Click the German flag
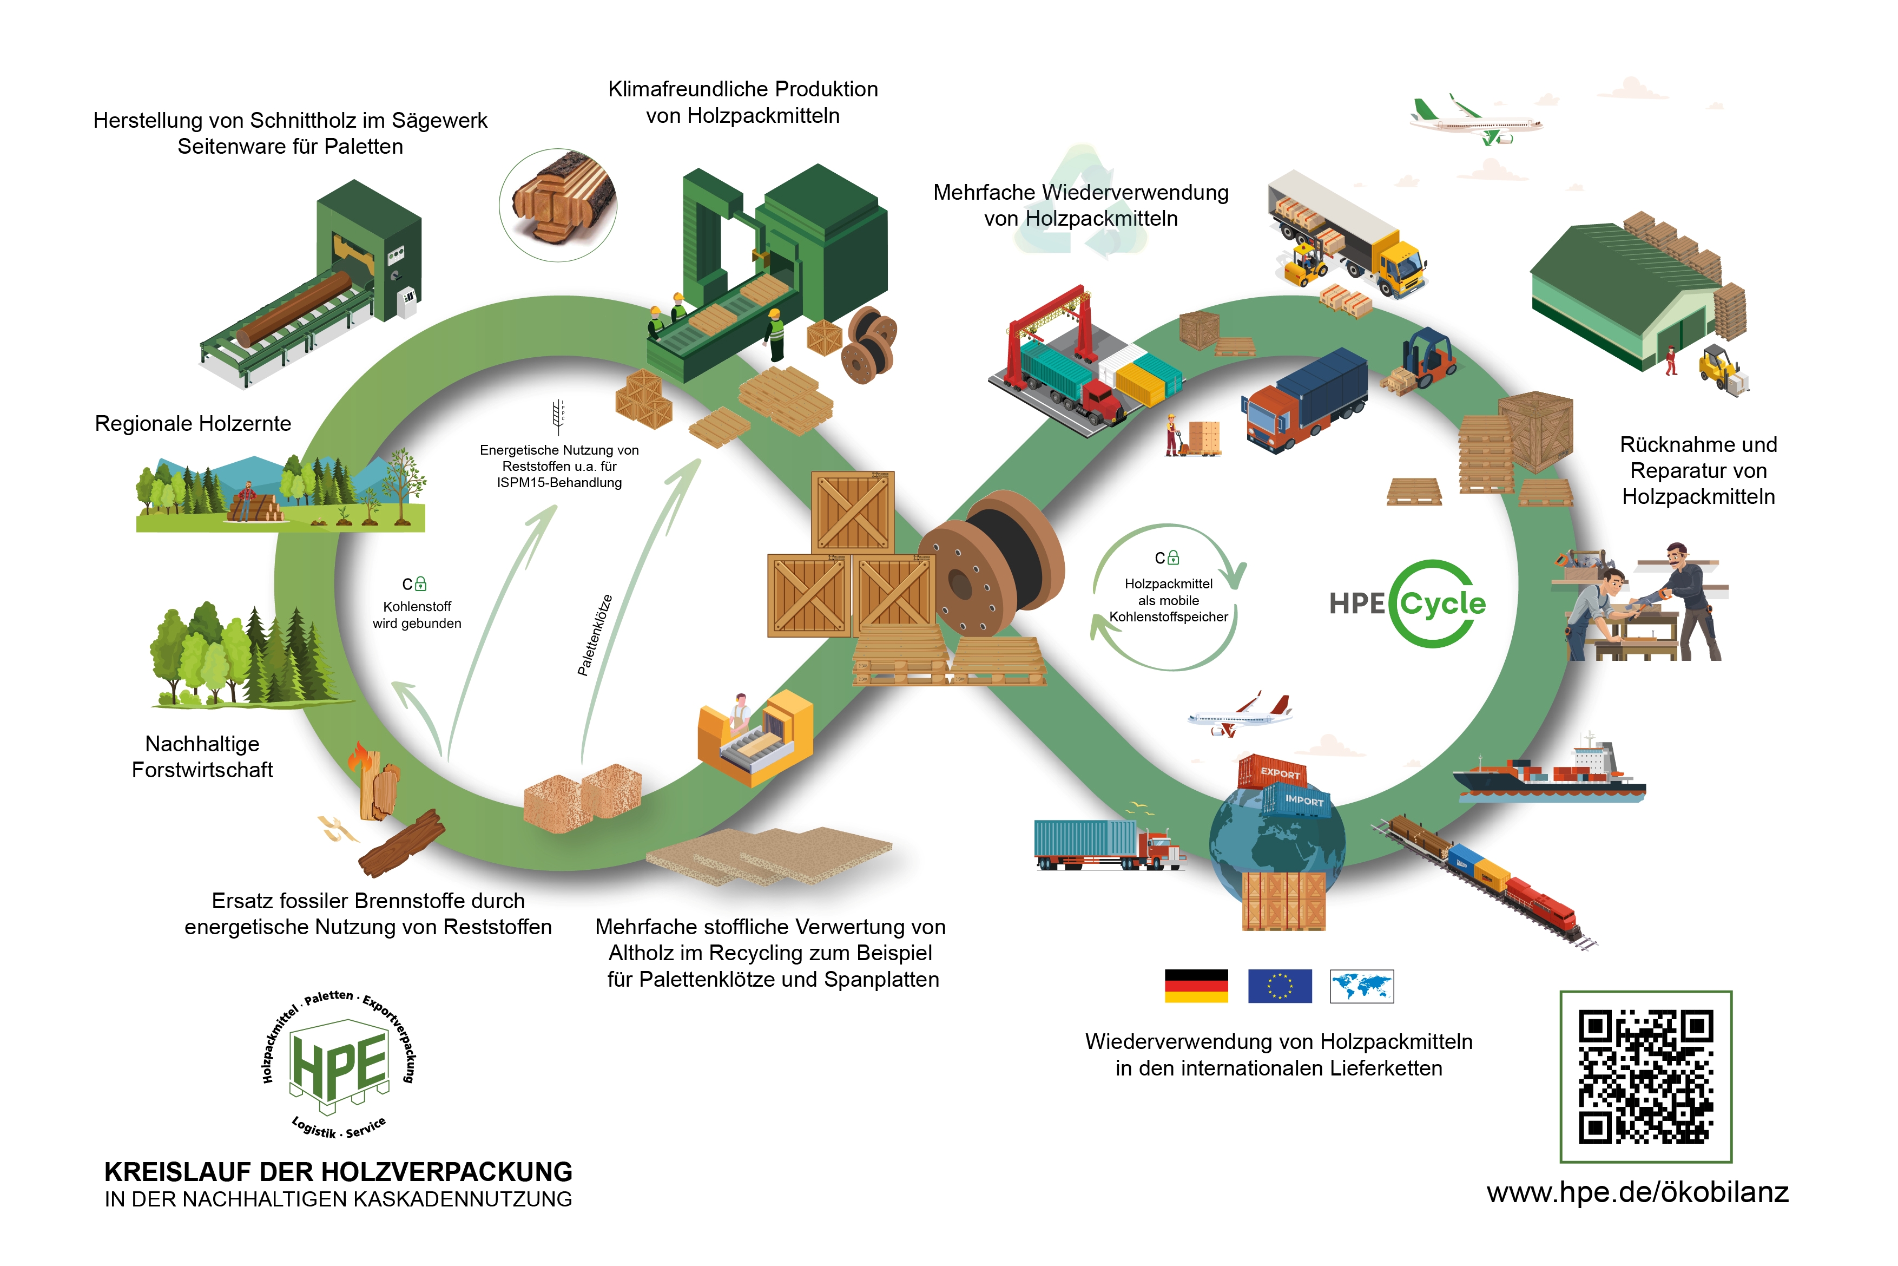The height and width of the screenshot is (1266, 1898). click(1196, 986)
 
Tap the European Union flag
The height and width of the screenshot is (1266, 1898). click(1280, 986)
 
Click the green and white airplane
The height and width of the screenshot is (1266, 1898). click(1476, 121)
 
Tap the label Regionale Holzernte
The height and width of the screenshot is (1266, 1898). click(193, 423)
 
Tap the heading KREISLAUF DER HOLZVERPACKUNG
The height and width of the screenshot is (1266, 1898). click(338, 1171)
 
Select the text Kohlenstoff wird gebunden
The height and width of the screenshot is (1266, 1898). click(417, 614)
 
